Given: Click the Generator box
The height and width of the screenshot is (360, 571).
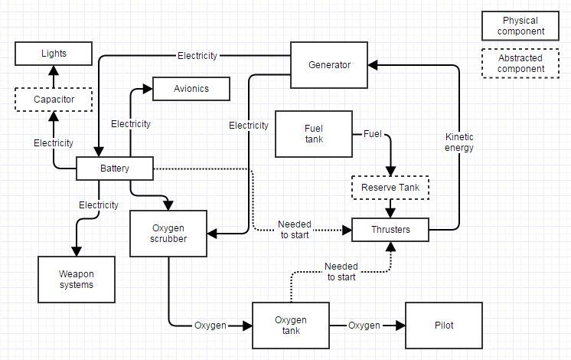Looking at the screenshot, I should point(329,65).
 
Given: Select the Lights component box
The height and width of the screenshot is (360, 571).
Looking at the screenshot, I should point(54,54).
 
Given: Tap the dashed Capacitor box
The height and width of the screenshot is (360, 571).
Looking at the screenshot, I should point(54,100).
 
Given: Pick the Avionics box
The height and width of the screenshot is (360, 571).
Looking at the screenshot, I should point(191,89).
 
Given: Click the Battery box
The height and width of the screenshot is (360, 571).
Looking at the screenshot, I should point(115,169).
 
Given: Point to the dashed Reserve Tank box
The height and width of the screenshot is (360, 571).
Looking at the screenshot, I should point(390,188).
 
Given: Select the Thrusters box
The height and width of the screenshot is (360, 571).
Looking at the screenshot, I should point(390,229).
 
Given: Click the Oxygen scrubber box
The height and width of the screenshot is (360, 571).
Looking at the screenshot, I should point(168,233).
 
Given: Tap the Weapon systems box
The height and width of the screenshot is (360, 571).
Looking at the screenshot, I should point(77,279).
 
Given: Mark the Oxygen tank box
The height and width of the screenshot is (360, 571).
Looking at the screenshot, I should point(291,325).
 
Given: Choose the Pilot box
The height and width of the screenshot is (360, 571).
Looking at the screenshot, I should point(444,325).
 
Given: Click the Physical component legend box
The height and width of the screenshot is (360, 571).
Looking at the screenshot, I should point(520,26).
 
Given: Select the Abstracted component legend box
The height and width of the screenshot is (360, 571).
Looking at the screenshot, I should point(520,64).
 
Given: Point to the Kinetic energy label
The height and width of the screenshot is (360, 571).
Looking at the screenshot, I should point(459,142).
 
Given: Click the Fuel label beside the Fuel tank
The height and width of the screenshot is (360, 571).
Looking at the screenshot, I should point(372,134).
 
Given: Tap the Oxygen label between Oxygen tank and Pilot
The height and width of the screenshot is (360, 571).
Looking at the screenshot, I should point(364,326).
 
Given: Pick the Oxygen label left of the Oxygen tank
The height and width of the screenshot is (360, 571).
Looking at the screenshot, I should point(210,326).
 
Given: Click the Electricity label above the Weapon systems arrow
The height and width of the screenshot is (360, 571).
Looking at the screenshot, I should point(99,205).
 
